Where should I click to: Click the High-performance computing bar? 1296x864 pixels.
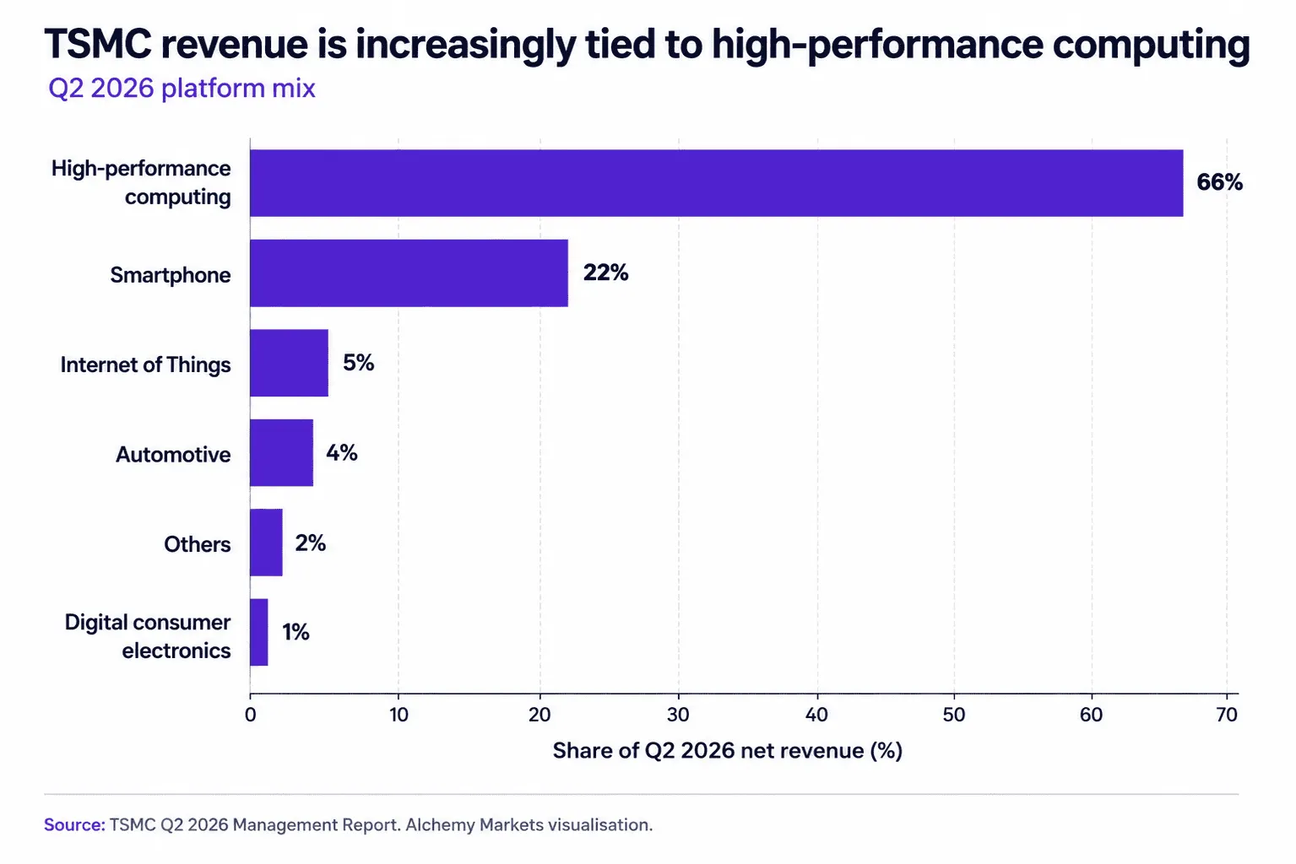(716, 183)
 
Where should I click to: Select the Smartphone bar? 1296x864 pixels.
(409, 273)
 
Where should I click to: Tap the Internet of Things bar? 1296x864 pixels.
(290, 363)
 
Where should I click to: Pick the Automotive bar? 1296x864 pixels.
(282, 453)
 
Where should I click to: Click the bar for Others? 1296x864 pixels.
(266, 543)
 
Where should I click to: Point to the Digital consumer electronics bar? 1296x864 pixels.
(259, 632)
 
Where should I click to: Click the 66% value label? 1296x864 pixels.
(1220, 182)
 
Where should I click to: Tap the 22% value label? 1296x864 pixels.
(605, 273)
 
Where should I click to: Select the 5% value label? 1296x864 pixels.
(359, 363)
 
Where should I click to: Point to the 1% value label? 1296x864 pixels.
(296, 632)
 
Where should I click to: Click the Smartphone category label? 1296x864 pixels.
(170, 275)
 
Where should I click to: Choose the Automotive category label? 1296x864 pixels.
(173, 455)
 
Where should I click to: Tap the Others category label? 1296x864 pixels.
(198, 544)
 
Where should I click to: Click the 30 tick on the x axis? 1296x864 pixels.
(678, 715)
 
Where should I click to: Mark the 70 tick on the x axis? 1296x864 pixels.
(1227, 715)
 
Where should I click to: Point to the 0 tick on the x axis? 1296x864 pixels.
(251, 715)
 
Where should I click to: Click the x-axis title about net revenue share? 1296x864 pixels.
(728, 751)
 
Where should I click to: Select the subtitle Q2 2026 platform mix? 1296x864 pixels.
(182, 89)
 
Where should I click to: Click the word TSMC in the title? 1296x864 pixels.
(98, 44)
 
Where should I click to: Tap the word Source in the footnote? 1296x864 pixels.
(74, 824)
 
